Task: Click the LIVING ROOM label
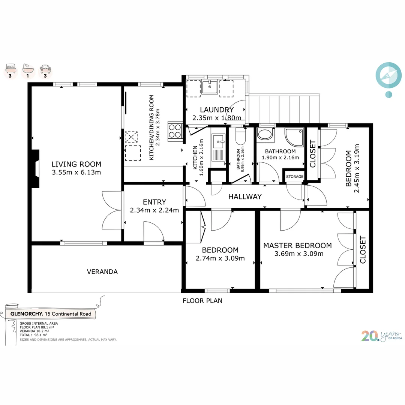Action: pos(76,164)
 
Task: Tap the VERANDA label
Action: pos(102,272)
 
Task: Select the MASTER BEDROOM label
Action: pos(297,245)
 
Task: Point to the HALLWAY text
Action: pos(245,197)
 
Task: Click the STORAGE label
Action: pos(295,177)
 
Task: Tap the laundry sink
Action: pos(210,87)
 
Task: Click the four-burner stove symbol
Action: pos(175,131)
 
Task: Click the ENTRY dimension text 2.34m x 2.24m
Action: pos(154,210)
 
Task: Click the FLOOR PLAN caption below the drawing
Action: pos(202,301)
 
